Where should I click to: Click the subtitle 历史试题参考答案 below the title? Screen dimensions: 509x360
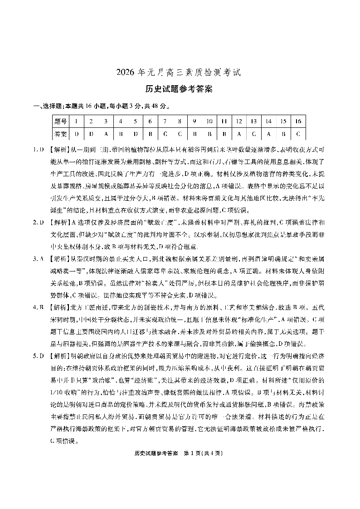(180, 89)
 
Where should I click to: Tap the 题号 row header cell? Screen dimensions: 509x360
(60, 121)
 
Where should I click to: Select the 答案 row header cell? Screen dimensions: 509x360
(60, 134)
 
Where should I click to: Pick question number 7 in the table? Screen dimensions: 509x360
(165, 121)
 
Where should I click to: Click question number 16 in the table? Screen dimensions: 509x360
(298, 121)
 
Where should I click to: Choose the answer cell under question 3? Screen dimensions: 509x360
(106, 134)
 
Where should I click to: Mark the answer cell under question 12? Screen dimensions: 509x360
(238, 134)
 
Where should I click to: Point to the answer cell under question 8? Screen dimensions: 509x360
(180, 134)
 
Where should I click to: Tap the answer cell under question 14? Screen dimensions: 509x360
(268, 134)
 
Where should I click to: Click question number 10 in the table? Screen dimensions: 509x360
(209, 121)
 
